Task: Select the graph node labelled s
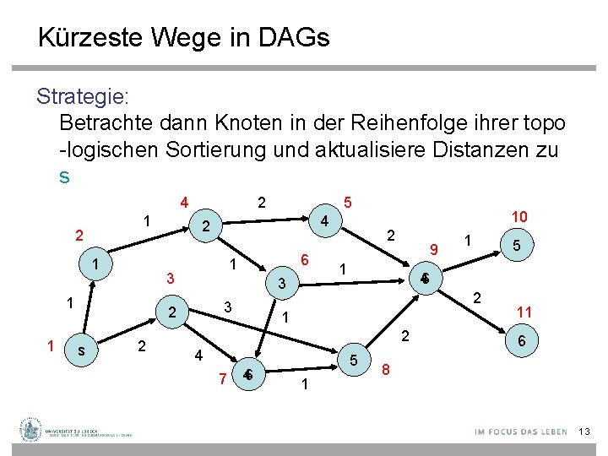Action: tap(79, 349)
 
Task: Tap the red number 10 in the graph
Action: tap(520, 216)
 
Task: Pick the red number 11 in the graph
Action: tap(524, 312)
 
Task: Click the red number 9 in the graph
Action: tap(433, 249)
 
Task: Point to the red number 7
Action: tap(222, 377)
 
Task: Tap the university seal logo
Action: tap(31, 430)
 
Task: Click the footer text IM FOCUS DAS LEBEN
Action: tap(520, 432)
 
